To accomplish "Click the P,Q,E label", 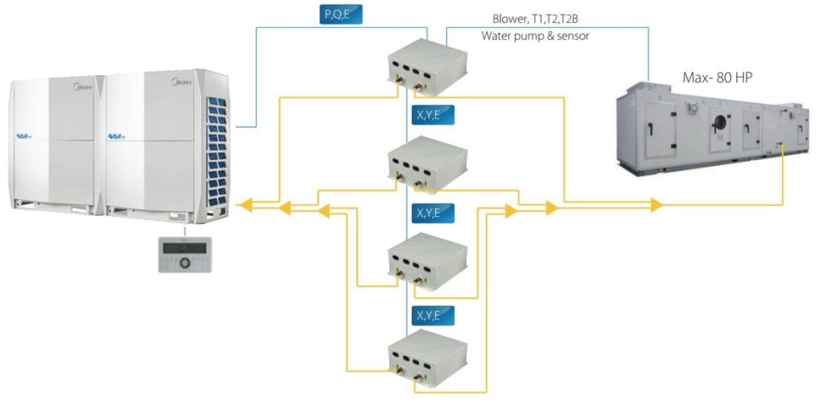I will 340,14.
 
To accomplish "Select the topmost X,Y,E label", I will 433,115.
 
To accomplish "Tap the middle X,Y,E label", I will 433,212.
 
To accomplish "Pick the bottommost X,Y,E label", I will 433,315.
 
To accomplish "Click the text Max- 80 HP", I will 718,78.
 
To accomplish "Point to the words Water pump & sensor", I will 535,36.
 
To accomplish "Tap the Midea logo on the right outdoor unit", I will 181,82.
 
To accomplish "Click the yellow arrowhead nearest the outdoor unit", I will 244,206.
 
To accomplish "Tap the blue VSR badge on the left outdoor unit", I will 27,135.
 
